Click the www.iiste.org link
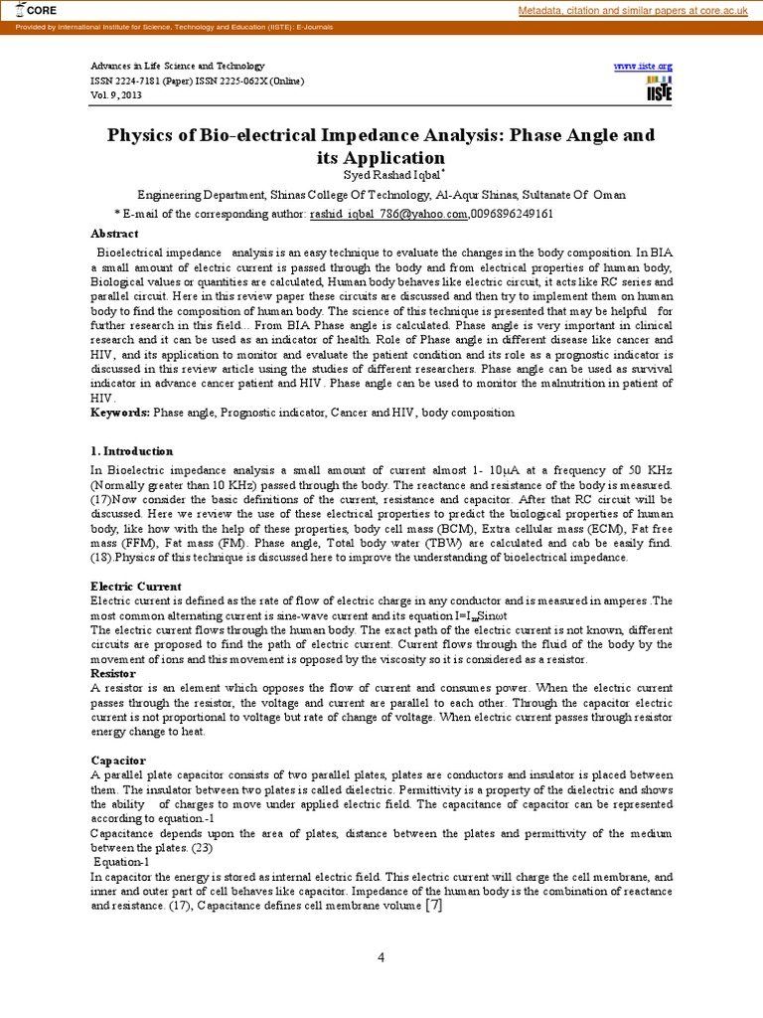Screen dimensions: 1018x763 click(x=643, y=65)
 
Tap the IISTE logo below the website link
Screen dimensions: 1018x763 click(x=658, y=87)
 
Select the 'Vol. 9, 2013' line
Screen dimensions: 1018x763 click(x=116, y=95)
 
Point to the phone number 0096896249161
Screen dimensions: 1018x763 click(x=513, y=214)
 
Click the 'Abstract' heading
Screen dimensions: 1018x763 click(x=114, y=233)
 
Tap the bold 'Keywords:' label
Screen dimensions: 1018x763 click(x=120, y=412)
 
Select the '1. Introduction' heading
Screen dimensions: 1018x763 click(x=131, y=450)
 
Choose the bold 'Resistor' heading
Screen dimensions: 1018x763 click(x=114, y=673)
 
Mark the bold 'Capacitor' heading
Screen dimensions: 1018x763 click(x=118, y=761)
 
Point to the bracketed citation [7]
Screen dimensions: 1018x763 click(x=432, y=905)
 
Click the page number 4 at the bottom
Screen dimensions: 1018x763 click(x=381, y=957)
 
